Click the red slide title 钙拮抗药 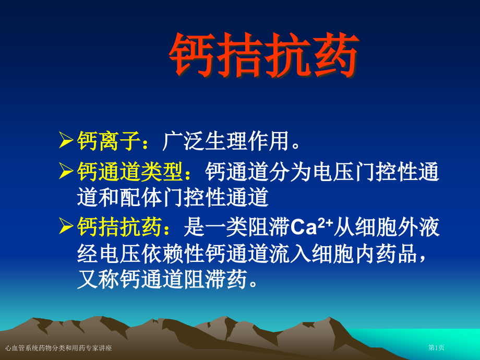[264, 56]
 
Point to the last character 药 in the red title [335, 56]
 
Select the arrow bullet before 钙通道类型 [66, 171]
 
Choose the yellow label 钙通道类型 [130, 171]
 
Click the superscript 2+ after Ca [326, 222]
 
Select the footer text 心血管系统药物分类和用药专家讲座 [58, 347]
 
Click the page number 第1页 [436, 347]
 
